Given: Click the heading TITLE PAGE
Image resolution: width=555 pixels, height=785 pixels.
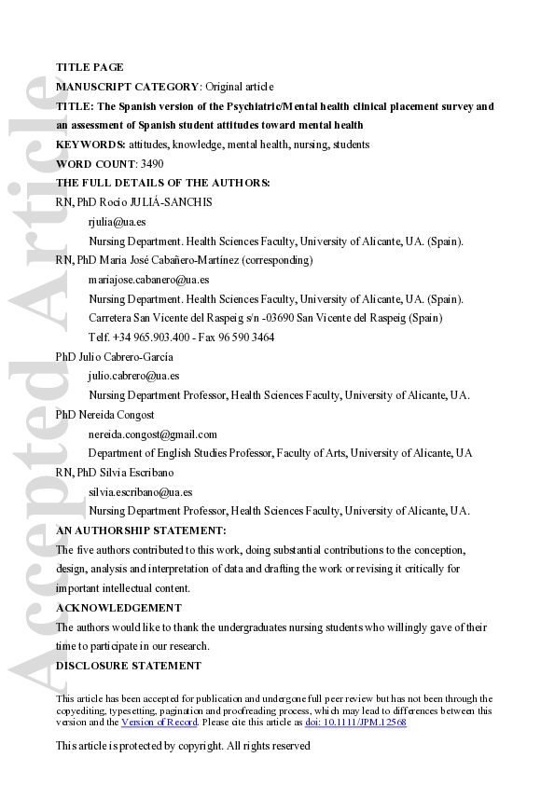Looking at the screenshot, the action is [90, 67].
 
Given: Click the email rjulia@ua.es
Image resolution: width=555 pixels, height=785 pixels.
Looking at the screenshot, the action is [117, 222].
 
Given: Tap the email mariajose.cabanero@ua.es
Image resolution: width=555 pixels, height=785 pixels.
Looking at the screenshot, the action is [148, 280].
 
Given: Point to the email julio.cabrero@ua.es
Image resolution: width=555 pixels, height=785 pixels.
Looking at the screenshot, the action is [133, 376].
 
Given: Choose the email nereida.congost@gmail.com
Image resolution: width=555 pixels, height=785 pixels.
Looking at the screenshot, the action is [152, 434].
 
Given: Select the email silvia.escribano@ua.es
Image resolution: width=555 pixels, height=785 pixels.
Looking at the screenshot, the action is [140, 491].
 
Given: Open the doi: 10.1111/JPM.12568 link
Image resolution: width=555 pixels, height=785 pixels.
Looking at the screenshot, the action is [355, 723].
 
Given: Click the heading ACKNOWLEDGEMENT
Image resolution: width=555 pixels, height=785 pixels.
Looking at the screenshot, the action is [118, 608].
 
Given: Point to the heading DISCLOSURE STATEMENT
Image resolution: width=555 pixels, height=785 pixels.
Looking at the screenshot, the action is [129, 666].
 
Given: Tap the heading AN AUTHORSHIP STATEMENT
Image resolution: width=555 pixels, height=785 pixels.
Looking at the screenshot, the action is [140, 530].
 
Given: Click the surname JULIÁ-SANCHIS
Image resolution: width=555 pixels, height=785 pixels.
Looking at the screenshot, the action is [177, 202].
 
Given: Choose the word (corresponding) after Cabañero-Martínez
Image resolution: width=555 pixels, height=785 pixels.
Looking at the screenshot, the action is [278, 260].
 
